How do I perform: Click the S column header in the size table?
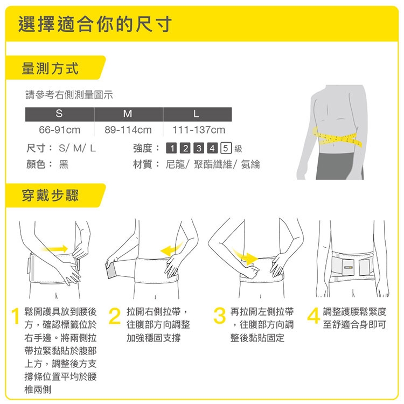pyautogui.click(x=59, y=114)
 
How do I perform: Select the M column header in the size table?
pyautogui.click(x=128, y=114)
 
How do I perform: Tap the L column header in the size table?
pyautogui.click(x=197, y=114)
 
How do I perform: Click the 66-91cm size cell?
pyautogui.click(x=59, y=130)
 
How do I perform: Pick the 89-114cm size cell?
pyautogui.click(x=128, y=130)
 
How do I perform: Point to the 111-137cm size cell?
pyautogui.click(x=199, y=130)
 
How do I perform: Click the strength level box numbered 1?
pyautogui.click(x=172, y=148)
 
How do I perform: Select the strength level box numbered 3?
pyautogui.click(x=199, y=148)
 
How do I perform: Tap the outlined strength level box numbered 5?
pyautogui.click(x=226, y=148)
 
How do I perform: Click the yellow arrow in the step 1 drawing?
pyautogui.click(x=54, y=249)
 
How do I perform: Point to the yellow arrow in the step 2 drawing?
pyautogui.click(x=171, y=249)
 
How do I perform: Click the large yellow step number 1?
pyautogui.click(x=16, y=316)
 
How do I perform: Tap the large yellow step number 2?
pyautogui.click(x=115, y=316)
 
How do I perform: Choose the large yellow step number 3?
pyautogui.click(x=220, y=316)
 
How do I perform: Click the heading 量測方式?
pyautogui.click(x=50, y=68)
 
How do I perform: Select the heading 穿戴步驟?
pyautogui.click(x=50, y=196)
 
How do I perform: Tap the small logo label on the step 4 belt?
pyautogui.click(x=348, y=267)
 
